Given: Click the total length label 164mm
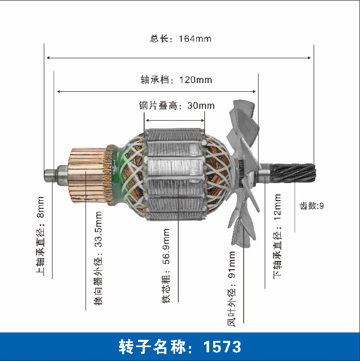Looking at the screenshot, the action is [181, 39].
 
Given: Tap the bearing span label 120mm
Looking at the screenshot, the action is [176, 80].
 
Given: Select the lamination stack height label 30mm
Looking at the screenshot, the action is [177, 106].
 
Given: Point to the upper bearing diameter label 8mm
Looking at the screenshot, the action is [40, 236].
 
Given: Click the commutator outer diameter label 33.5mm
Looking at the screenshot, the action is [98, 258].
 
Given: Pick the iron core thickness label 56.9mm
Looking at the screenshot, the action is [166, 266].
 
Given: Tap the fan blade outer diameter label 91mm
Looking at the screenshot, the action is [231, 289].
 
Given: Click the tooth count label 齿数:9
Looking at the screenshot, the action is [312, 206].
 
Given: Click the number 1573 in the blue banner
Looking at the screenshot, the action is [222, 347].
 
